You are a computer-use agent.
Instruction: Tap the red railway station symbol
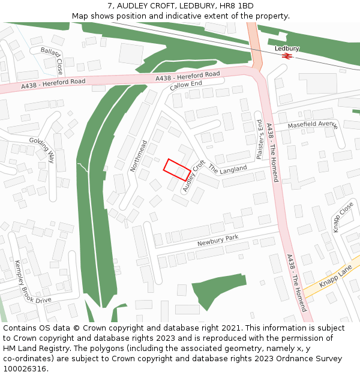pos(287,56)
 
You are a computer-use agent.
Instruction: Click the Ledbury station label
pos(287,48)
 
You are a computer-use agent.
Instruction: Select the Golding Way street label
pos(42,149)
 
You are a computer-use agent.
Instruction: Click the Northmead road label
pos(139,156)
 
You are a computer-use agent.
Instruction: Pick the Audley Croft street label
pos(194,176)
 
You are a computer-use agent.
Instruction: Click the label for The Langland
pos(227,169)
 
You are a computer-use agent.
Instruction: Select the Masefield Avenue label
pos(313,125)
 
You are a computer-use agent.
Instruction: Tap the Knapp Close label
pos(343,217)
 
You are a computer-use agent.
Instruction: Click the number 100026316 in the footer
pos(23,369)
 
